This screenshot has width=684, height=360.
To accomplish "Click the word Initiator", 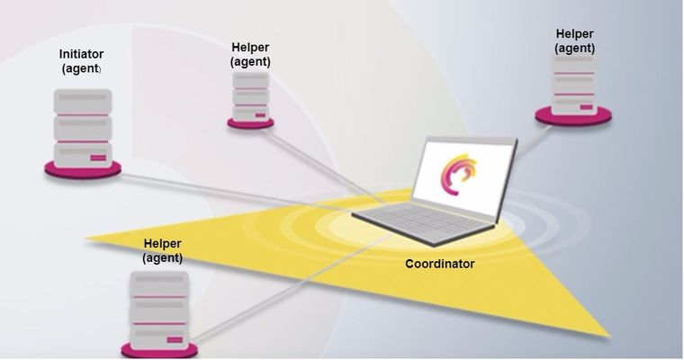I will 81,54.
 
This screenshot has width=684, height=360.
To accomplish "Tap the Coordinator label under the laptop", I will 439,264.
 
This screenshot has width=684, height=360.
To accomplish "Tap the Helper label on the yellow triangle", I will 162,244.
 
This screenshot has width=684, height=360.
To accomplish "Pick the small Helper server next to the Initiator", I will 251,94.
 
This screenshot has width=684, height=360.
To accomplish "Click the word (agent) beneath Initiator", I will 81,68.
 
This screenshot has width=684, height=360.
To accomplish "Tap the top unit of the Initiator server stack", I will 82,101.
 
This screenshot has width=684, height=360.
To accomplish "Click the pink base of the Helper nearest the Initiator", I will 251,121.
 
